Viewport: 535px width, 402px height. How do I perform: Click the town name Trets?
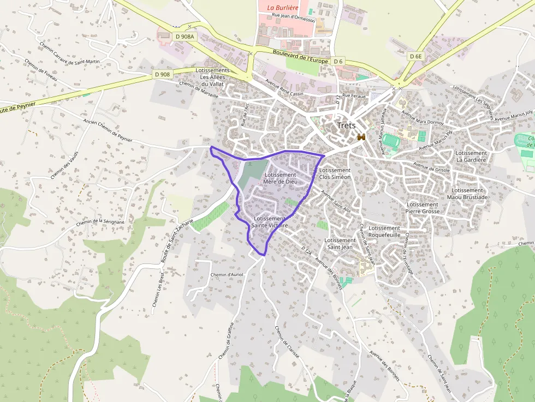(346, 125)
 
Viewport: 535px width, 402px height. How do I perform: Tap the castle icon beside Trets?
(360, 137)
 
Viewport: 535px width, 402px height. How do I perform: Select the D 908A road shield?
(185, 37)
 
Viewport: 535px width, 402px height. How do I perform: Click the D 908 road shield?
(162, 74)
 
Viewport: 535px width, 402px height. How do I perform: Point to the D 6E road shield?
(416, 56)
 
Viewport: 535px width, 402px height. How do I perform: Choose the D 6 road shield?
(338, 61)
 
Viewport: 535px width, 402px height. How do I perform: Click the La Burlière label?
(282, 8)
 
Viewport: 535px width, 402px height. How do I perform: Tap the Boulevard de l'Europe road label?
(301, 57)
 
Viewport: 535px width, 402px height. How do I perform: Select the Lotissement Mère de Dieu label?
(280, 178)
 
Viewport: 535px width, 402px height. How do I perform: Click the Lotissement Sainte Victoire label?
(270, 221)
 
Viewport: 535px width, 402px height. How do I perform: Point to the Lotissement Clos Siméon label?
(335, 173)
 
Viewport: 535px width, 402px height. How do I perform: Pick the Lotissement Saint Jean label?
(340, 243)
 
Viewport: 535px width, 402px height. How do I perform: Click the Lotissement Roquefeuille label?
(384, 231)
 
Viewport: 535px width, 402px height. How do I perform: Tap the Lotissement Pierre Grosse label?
(423, 208)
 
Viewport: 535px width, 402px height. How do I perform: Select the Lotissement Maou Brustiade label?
(467, 194)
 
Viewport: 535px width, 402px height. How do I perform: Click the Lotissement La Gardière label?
(471, 157)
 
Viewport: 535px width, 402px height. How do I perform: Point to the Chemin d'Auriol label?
(227, 274)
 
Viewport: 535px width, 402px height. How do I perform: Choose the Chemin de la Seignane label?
(100, 222)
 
